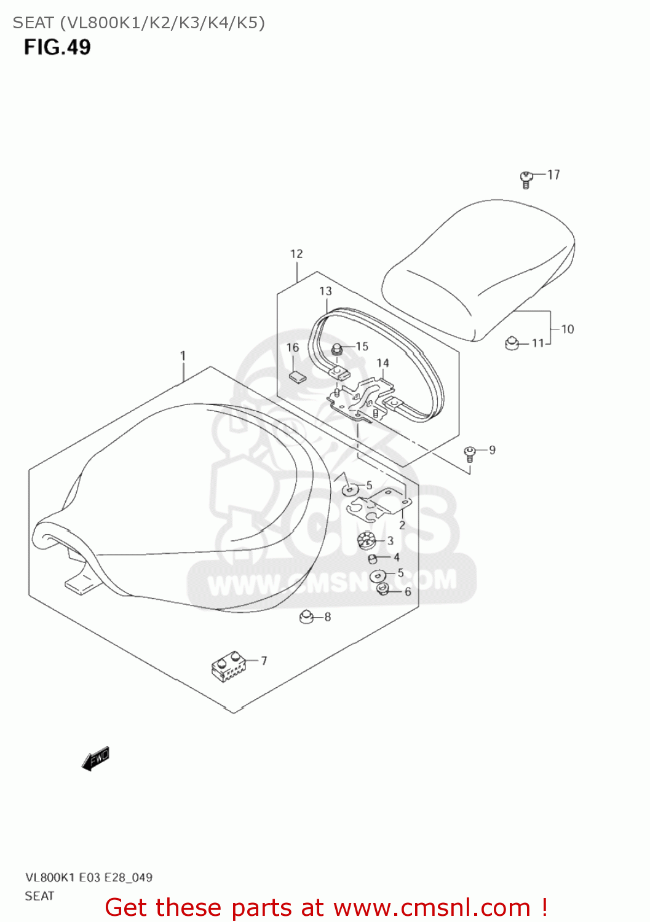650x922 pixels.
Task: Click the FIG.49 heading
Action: coord(57,47)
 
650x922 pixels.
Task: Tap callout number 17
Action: coord(553,175)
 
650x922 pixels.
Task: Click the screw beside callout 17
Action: coord(526,179)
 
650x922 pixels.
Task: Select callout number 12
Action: coord(296,254)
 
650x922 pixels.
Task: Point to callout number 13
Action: coord(325,291)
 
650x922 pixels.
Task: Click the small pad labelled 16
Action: coord(298,376)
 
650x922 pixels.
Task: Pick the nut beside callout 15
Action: coord(337,350)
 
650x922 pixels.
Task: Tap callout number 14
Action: coord(382,363)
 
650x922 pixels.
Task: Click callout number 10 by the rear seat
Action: coord(567,329)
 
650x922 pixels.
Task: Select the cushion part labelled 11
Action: coord(512,343)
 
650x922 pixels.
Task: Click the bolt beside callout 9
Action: coord(470,454)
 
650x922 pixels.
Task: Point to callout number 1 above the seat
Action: coord(183,355)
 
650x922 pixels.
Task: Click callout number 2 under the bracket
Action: coord(402,525)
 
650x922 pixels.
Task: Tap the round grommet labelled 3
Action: coord(366,542)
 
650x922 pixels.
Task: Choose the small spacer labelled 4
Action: coord(372,559)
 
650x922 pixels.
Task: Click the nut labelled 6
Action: coord(382,590)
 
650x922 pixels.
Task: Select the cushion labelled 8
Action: coord(306,617)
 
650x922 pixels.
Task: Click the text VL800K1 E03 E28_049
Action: coord(89,877)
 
